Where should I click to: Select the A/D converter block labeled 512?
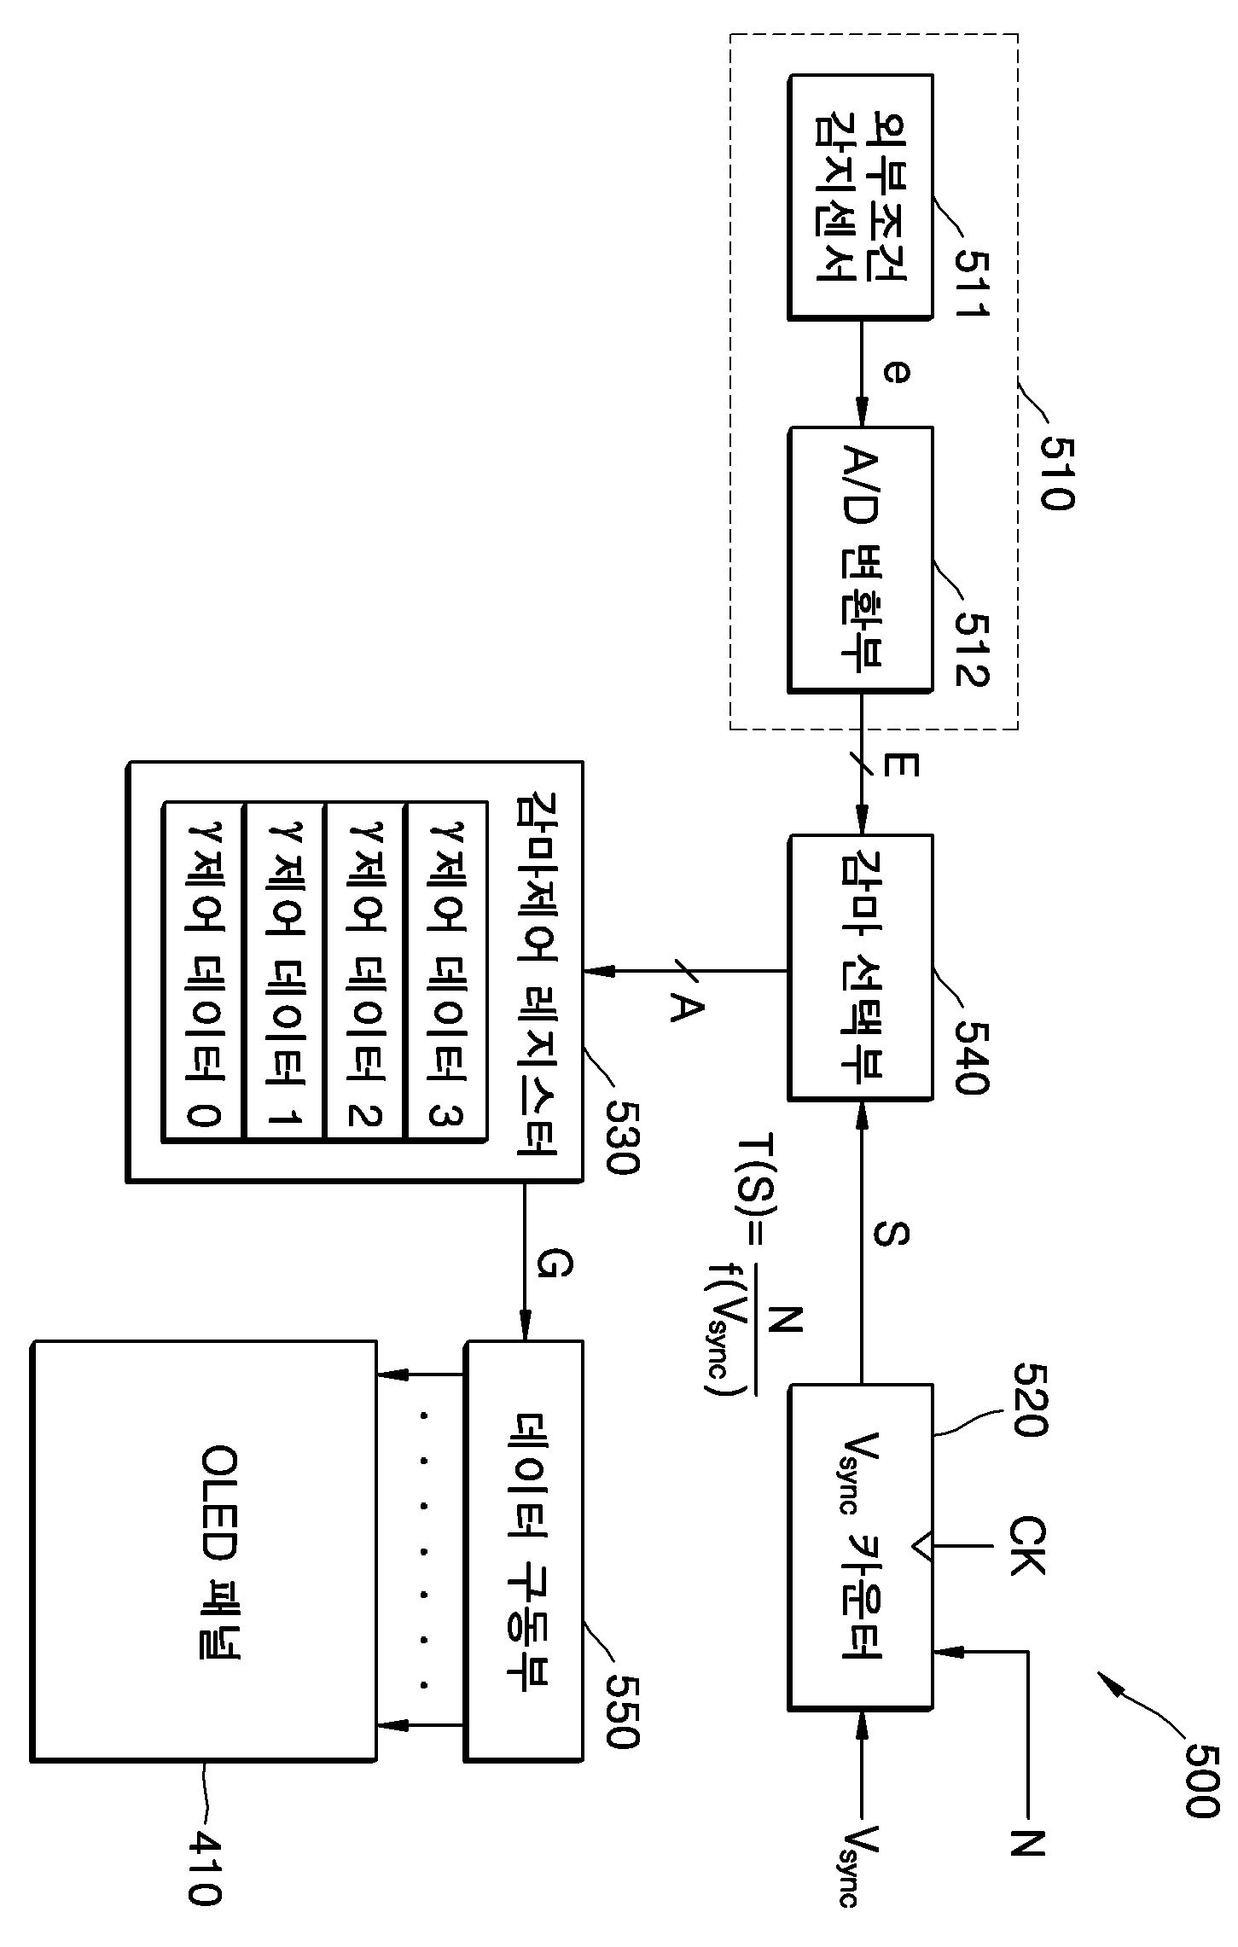coord(860,558)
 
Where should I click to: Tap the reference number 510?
coord(1055,474)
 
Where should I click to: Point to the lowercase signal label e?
coord(896,373)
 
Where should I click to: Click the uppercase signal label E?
coord(901,765)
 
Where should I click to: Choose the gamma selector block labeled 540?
coord(860,967)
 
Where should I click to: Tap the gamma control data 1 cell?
coord(284,970)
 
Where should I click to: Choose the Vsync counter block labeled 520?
coord(860,1547)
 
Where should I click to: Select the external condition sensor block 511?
coord(860,198)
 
